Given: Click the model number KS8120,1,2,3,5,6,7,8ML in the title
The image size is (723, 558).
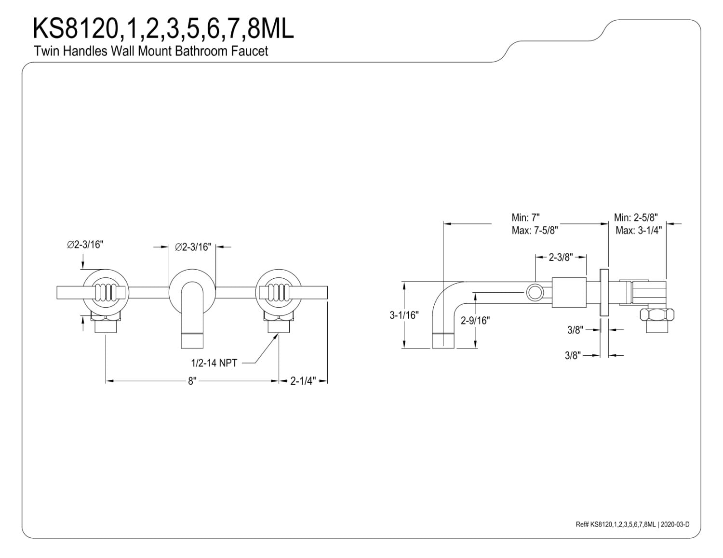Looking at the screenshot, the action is tap(163, 28).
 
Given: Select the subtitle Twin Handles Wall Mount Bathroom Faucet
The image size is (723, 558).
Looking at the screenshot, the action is tap(151, 51).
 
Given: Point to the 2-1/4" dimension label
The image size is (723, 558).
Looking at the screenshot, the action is tap(303, 381).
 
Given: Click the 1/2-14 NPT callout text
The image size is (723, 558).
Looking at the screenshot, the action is tap(214, 363).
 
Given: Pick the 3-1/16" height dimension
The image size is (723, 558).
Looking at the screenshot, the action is tap(404, 315).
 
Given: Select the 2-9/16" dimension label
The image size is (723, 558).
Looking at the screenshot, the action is tap(475, 321).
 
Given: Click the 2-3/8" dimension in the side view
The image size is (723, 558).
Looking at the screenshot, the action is tap(561, 257).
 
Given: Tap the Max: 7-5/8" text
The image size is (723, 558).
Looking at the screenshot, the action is tap(535, 230).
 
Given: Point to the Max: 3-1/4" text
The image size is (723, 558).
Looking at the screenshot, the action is tap(639, 230).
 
